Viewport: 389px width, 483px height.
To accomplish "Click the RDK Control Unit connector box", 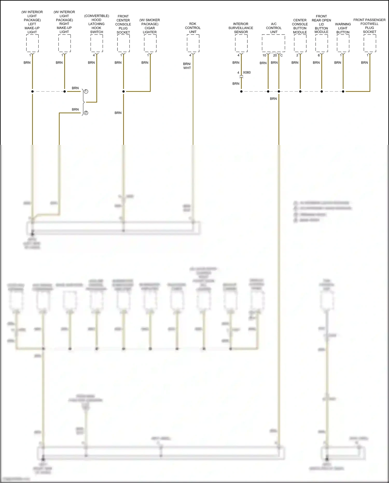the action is [x=193, y=43].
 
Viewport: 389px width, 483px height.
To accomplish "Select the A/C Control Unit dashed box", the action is [x=273, y=43].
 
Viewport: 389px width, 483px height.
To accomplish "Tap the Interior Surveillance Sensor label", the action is [x=241, y=28].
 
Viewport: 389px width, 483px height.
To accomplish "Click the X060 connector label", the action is [x=247, y=72].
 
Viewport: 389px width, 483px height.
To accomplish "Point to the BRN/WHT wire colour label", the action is [x=187, y=66].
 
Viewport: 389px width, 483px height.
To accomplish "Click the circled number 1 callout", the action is [x=86, y=91].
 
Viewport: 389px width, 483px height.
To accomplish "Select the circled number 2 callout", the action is [x=86, y=113].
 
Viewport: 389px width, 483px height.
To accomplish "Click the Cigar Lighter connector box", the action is [x=150, y=43].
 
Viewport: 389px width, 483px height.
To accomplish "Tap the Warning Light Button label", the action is [x=343, y=28].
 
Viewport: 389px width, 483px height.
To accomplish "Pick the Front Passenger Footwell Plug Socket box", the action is [x=370, y=43].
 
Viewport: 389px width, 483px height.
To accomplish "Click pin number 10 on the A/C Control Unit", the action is [x=264, y=55].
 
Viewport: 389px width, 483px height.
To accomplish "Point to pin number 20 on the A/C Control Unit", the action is [x=275, y=55].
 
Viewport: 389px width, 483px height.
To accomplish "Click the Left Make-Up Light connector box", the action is [x=32, y=43].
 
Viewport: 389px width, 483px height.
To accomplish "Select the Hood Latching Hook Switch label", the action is [x=96, y=24].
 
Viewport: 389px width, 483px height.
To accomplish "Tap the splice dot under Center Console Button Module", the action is [x=300, y=91].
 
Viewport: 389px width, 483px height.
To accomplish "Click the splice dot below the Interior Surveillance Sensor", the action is [x=241, y=91].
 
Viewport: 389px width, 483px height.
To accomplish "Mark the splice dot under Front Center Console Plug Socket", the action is [x=123, y=91].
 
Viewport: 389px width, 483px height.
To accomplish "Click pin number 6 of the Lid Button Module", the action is [x=319, y=55].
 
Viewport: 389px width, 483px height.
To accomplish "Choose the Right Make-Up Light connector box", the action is [x=65, y=43].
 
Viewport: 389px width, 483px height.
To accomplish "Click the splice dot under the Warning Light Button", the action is [x=343, y=91].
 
